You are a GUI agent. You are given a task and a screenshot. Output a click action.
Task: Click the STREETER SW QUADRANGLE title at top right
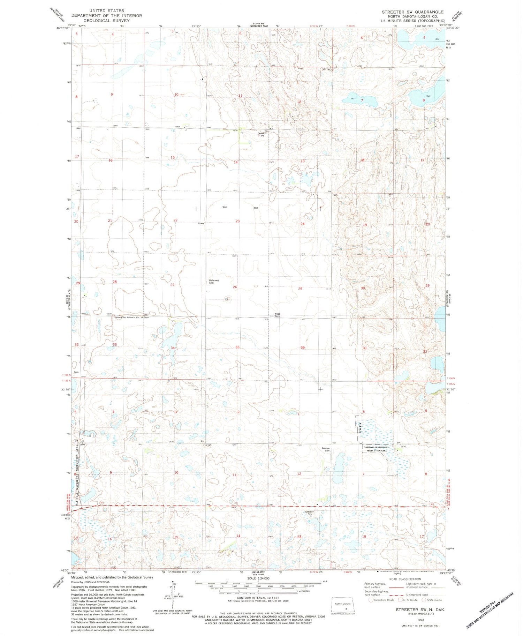click(412, 12)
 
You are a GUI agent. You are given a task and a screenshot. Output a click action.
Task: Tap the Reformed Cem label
click(214, 282)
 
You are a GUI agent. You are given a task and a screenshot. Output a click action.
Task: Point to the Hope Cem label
click(278, 315)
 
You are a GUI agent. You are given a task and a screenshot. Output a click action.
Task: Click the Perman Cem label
click(325, 449)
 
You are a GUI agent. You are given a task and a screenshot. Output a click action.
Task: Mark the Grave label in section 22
click(201, 223)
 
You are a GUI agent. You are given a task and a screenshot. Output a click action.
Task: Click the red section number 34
click(173, 348)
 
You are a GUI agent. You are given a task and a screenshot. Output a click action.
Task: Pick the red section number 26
click(235, 287)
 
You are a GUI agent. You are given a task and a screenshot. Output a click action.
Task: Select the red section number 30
click(363, 288)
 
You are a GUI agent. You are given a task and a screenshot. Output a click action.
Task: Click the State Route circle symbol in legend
click(424, 600)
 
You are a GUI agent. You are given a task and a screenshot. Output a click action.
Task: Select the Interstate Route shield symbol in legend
click(371, 600)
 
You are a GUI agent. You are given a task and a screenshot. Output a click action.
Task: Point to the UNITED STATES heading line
click(106, 11)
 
